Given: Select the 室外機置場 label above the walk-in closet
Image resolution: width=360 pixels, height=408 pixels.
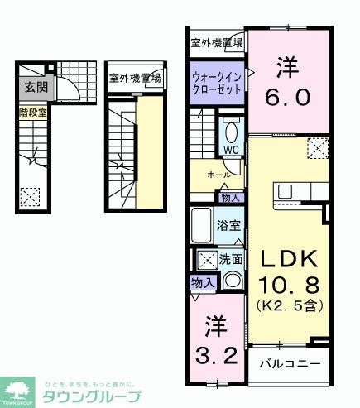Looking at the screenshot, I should (x=215, y=43).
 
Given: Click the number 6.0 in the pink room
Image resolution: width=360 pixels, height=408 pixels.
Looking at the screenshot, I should (x=289, y=98).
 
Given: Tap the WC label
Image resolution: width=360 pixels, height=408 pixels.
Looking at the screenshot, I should (x=230, y=150).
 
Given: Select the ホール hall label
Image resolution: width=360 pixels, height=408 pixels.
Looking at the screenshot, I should (x=218, y=175).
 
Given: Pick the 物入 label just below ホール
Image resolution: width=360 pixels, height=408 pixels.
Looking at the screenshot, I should (x=231, y=198).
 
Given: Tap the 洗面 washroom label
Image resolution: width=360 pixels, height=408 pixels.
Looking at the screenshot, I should (x=232, y=259).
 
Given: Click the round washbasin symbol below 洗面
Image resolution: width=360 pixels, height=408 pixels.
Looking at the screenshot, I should (x=232, y=281).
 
